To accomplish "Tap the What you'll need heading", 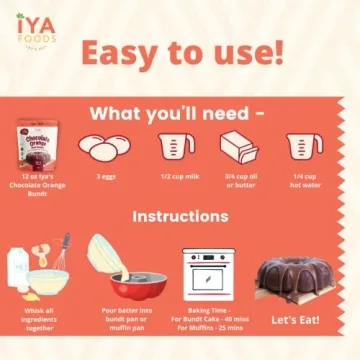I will tap(178, 113).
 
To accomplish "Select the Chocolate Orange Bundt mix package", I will tap(37, 147).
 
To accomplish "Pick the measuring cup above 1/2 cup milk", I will tap(177, 147).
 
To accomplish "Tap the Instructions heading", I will tap(180, 216).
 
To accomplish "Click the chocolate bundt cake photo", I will tap(301, 277).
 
